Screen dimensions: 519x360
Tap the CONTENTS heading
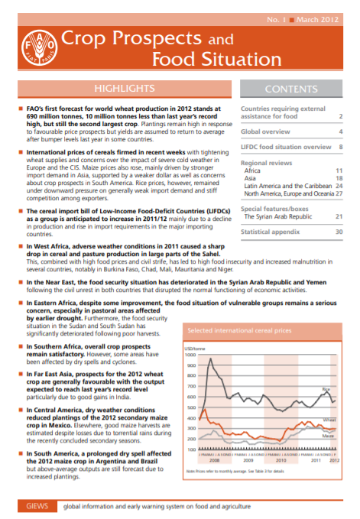(x=290, y=89)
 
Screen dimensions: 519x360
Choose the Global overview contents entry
(x=268, y=131)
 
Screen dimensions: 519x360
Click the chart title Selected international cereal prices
(x=238, y=331)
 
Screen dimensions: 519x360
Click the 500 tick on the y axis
(x=192, y=408)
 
